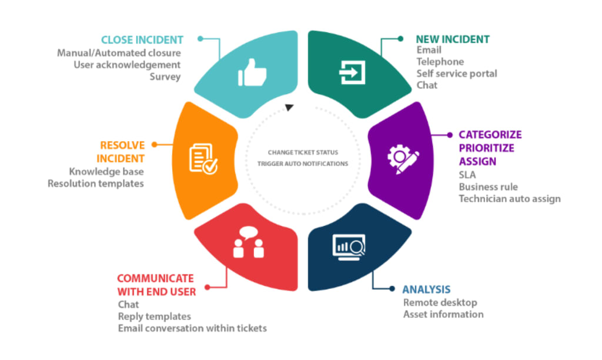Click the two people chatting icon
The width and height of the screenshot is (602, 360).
click(x=248, y=242)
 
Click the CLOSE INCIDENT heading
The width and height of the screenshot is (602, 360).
click(x=142, y=40)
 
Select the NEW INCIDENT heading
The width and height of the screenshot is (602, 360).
click(x=453, y=39)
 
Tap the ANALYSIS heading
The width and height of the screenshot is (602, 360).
click(x=426, y=289)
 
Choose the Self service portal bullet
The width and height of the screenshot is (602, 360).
click(x=457, y=74)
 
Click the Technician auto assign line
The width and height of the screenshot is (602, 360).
click(x=510, y=199)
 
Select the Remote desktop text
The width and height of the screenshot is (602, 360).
click(x=440, y=302)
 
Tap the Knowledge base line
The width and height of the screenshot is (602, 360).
click(x=106, y=172)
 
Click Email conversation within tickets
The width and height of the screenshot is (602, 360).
click(x=192, y=328)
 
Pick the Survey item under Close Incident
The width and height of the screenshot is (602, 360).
click(x=165, y=76)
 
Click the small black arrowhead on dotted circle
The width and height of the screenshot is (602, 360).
click(x=289, y=107)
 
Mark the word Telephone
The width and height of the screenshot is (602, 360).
click(x=440, y=62)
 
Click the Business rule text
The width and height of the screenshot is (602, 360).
click(x=489, y=187)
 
